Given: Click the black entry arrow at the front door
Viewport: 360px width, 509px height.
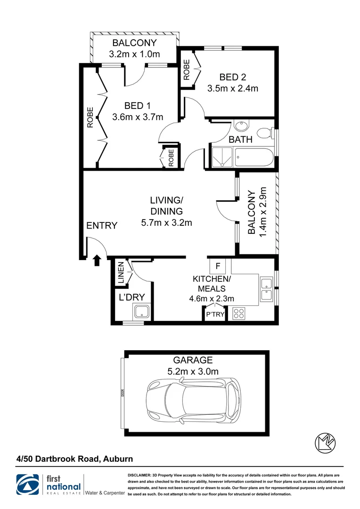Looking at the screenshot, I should [x=98, y=260].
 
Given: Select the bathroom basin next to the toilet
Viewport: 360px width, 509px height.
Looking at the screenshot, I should [x=241, y=126].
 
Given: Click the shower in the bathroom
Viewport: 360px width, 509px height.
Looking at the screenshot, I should [x=222, y=157].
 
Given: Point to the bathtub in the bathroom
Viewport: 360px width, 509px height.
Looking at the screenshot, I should [x=254, y=157].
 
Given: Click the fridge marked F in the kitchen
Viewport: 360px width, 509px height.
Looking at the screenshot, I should [x=217, y=266].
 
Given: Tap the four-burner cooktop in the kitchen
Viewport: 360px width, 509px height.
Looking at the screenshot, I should [x=238, y=314].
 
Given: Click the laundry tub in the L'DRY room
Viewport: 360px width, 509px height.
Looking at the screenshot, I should [x=141, y=312].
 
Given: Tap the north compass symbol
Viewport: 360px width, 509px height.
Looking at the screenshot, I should [x=325, y=443].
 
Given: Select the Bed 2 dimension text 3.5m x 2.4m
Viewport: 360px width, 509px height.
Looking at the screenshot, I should [x=233, y=88].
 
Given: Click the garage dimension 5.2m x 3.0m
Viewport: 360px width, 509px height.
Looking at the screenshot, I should [x=193, y=371].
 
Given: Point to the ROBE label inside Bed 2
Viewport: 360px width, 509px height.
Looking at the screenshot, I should [x=187, y=69].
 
